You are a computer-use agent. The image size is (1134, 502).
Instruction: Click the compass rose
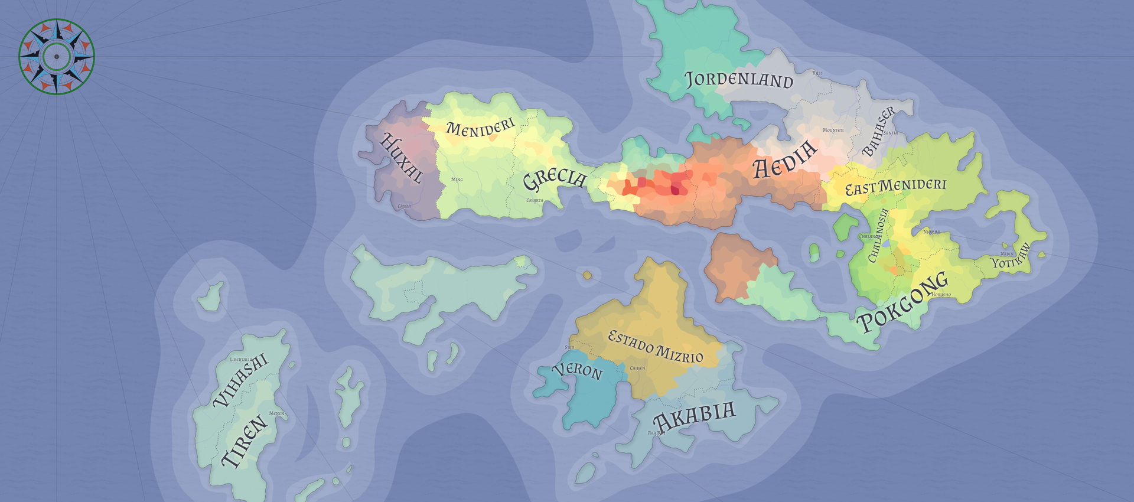(57, 57)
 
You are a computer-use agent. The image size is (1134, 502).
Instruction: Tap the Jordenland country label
(738, 79)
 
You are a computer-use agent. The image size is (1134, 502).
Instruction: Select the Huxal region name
(402, 158)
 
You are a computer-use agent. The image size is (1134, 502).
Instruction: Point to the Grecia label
(555, 179)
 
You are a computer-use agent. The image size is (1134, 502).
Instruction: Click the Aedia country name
(785, 159)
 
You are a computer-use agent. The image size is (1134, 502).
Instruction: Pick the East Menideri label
(895, 187)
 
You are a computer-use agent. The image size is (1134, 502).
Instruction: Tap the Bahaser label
(879, 131)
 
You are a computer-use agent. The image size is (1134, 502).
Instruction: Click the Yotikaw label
(1011, 256)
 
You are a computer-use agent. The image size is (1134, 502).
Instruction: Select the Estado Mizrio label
(656, 347)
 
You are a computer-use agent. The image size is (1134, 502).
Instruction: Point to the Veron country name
(578, 370)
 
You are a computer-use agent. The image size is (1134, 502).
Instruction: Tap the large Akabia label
(694, 416)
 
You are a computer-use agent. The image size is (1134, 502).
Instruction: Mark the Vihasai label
(240, 381)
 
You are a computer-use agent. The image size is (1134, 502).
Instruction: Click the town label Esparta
(535, 201)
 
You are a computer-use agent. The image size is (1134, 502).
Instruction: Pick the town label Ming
(457, 180)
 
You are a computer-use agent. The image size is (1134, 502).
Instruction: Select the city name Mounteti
(833, 130)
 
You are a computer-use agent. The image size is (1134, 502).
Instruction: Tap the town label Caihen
(637, 369)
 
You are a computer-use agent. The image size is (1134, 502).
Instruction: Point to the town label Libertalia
(240, 360)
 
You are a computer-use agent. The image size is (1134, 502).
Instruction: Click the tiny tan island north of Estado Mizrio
(586, 275)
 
